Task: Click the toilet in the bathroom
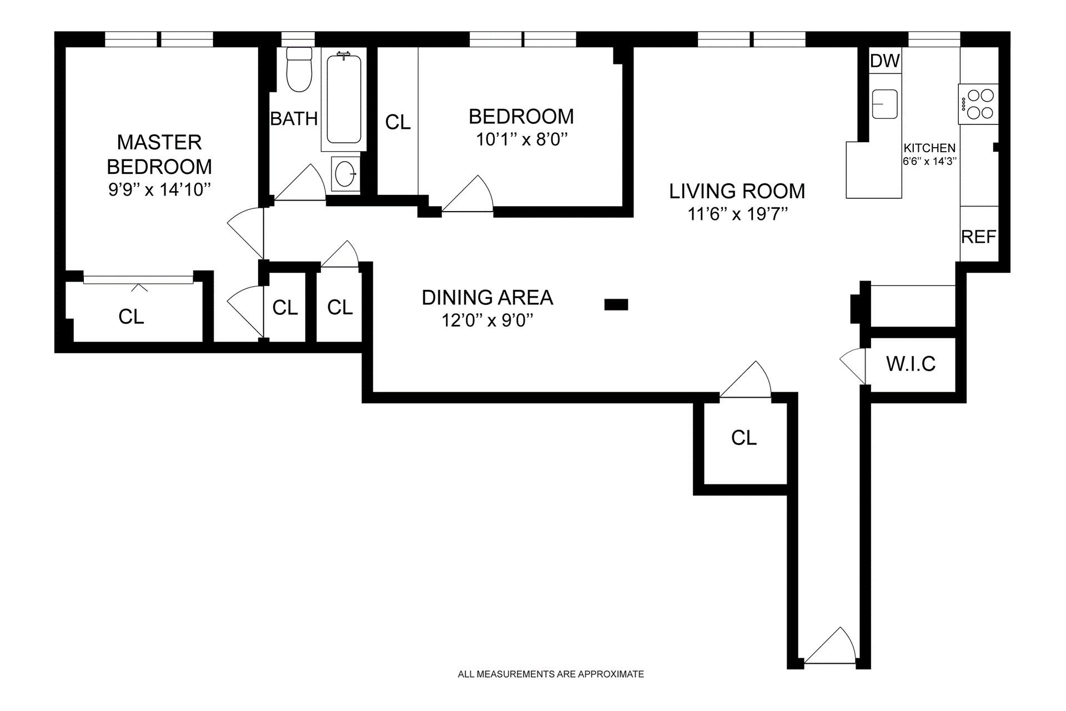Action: (299, 69)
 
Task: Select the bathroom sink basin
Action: (345, 174)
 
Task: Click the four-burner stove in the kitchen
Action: (978, 104)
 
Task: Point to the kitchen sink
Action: (884, 104)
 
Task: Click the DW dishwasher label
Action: (885, 61)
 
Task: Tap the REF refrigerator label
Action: (978, 237)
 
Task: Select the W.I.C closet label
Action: (911, 364)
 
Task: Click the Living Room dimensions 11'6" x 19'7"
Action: (737, 214)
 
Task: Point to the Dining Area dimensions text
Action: (487, 321)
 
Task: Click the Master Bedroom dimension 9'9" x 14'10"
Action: (160, 190)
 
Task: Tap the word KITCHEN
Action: (929, 148)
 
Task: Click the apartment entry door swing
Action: (830, 645)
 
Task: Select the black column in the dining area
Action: (616, 304)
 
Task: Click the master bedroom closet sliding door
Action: (138, 280)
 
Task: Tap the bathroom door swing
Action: (300, 182)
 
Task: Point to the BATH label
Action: (294, 118)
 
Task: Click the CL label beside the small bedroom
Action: (398, 122)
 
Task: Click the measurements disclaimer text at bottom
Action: (551, 674)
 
